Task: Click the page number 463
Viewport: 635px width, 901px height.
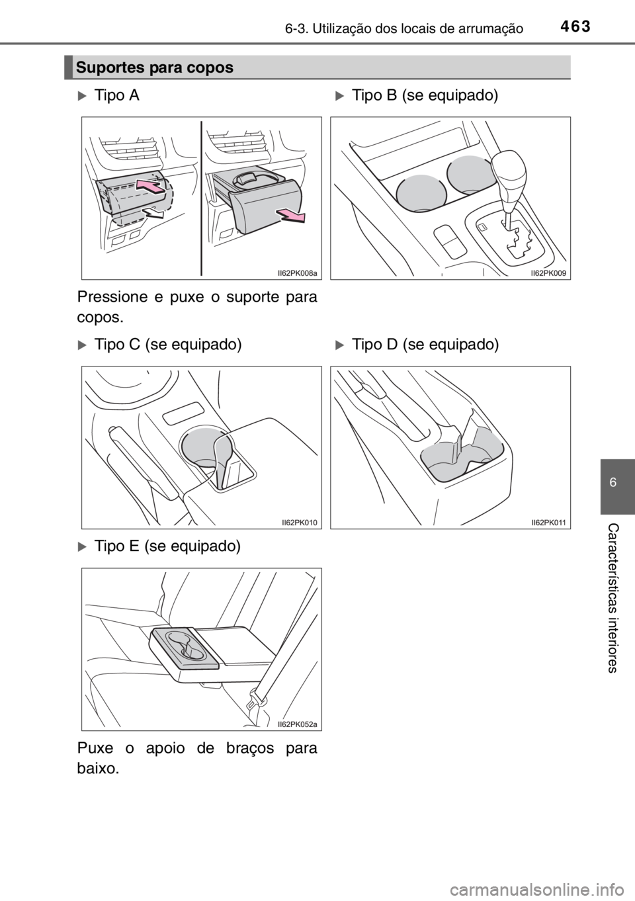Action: pos(574,26)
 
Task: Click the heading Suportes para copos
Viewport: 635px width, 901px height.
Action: pos(155,67)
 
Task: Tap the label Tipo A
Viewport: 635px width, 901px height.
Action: pos(116,96)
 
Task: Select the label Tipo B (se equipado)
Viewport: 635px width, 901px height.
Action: pos(425,96)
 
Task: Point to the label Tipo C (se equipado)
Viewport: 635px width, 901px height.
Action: pos(168,345)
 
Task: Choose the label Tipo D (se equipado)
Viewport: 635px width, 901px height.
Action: pos(425,345)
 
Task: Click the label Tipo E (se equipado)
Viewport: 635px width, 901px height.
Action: pos(167,546)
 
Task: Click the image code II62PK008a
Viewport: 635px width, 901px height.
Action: pos(298,273)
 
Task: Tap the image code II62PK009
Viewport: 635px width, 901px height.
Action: pos(548,273)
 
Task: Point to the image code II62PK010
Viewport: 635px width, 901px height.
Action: pos(299,523)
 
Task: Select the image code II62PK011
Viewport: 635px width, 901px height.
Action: pos(548,523)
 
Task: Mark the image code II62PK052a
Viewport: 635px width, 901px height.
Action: pos(298,724)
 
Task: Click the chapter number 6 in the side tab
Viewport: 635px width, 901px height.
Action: pos(613,482)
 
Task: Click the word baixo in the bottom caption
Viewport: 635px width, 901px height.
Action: pos(98,769)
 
